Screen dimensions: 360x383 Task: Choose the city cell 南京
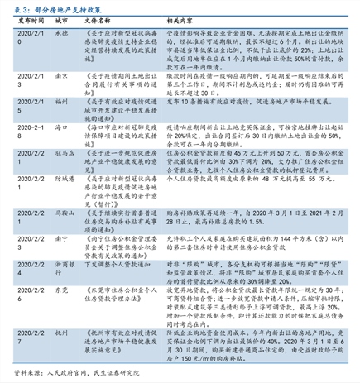tap(60, 74)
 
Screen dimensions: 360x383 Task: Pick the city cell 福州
tap(60, 101)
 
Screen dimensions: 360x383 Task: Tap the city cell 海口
tap(60, 127)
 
